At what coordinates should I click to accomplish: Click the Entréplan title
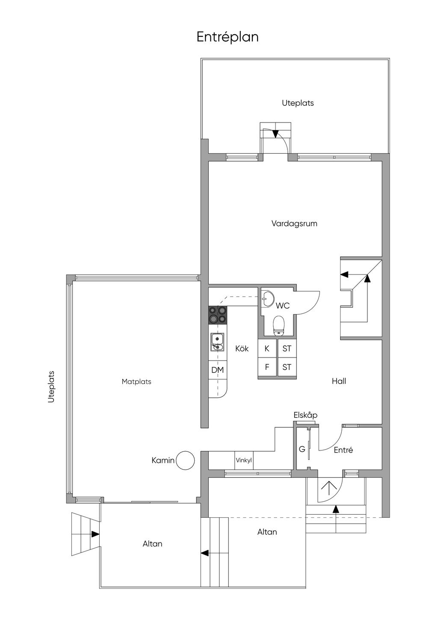pos(228,37)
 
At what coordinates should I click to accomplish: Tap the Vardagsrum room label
pos(294,224)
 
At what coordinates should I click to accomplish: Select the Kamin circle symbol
pos(186,460)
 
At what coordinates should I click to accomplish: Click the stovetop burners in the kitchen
pos(218,315)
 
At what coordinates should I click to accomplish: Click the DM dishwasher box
pos(218,370)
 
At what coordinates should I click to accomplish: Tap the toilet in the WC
pos(279,326)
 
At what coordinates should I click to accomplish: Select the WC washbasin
pos(267,298)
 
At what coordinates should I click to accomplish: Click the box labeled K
pos(267,349)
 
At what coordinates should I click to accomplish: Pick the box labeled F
pos(267,367)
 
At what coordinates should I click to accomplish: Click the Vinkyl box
pos(244,461)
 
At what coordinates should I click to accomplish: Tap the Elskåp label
pos(305,415)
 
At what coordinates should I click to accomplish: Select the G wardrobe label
pos(302,449)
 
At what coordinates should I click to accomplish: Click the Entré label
pos(343,450)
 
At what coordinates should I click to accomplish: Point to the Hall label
pos(339,381)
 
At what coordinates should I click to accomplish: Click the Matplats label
pos(136,382)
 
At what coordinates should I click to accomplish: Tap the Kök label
pos(242,348)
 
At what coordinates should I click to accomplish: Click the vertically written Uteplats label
pos(51,387)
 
